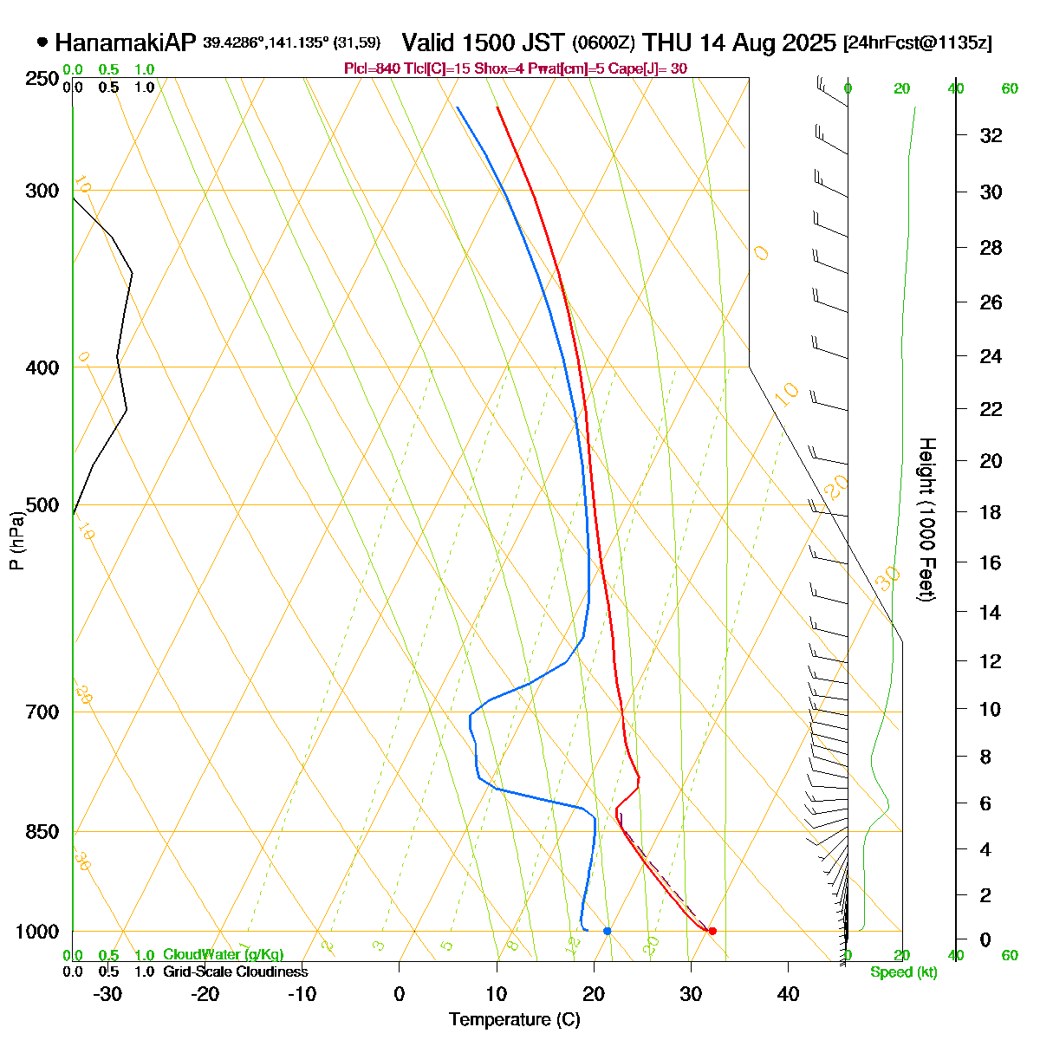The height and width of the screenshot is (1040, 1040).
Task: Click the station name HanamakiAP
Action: click(126, 42)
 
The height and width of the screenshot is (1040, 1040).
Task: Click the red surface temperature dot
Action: click(712, 931)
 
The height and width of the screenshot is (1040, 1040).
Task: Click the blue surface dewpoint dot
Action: click(607, 931)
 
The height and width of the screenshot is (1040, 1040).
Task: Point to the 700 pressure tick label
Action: click(43, 712)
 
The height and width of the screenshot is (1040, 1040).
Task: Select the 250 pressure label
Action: click(43, 79)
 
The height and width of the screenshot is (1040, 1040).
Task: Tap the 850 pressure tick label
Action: click(43, 832)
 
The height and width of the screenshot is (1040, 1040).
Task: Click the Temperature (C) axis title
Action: click(514, 1020)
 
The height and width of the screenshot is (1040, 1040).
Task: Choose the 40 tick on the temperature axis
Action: click(788, 993)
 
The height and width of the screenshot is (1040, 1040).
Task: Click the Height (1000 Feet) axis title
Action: click(926, 520)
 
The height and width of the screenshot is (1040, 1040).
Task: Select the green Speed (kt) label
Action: click(903, 972)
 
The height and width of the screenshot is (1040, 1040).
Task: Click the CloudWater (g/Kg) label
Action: click(223, 955)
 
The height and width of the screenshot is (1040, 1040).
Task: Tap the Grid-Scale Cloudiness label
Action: click(235, 972)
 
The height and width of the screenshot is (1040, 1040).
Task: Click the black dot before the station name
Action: click(42, 42)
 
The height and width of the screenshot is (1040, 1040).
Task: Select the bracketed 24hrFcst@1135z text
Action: click(917, 43)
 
